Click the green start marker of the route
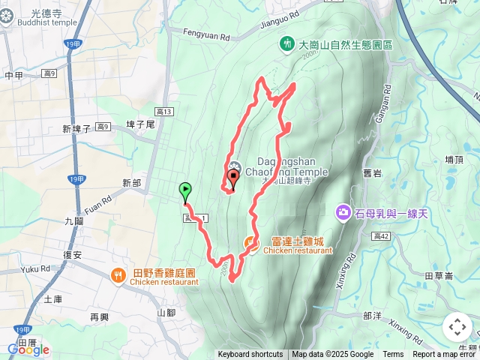coord(185,191)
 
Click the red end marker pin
coord(232,178)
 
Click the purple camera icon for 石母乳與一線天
coord(343,213)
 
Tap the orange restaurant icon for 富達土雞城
coord(250,241)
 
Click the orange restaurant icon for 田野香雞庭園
coord(119,277)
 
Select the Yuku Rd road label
coord(35,268)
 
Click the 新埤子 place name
coord(76,129)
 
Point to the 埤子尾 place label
coord(140,124)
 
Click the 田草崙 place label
coord(439,275)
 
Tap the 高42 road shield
coord(381,236)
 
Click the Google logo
coord(28,349)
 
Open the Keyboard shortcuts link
coord(250,355)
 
